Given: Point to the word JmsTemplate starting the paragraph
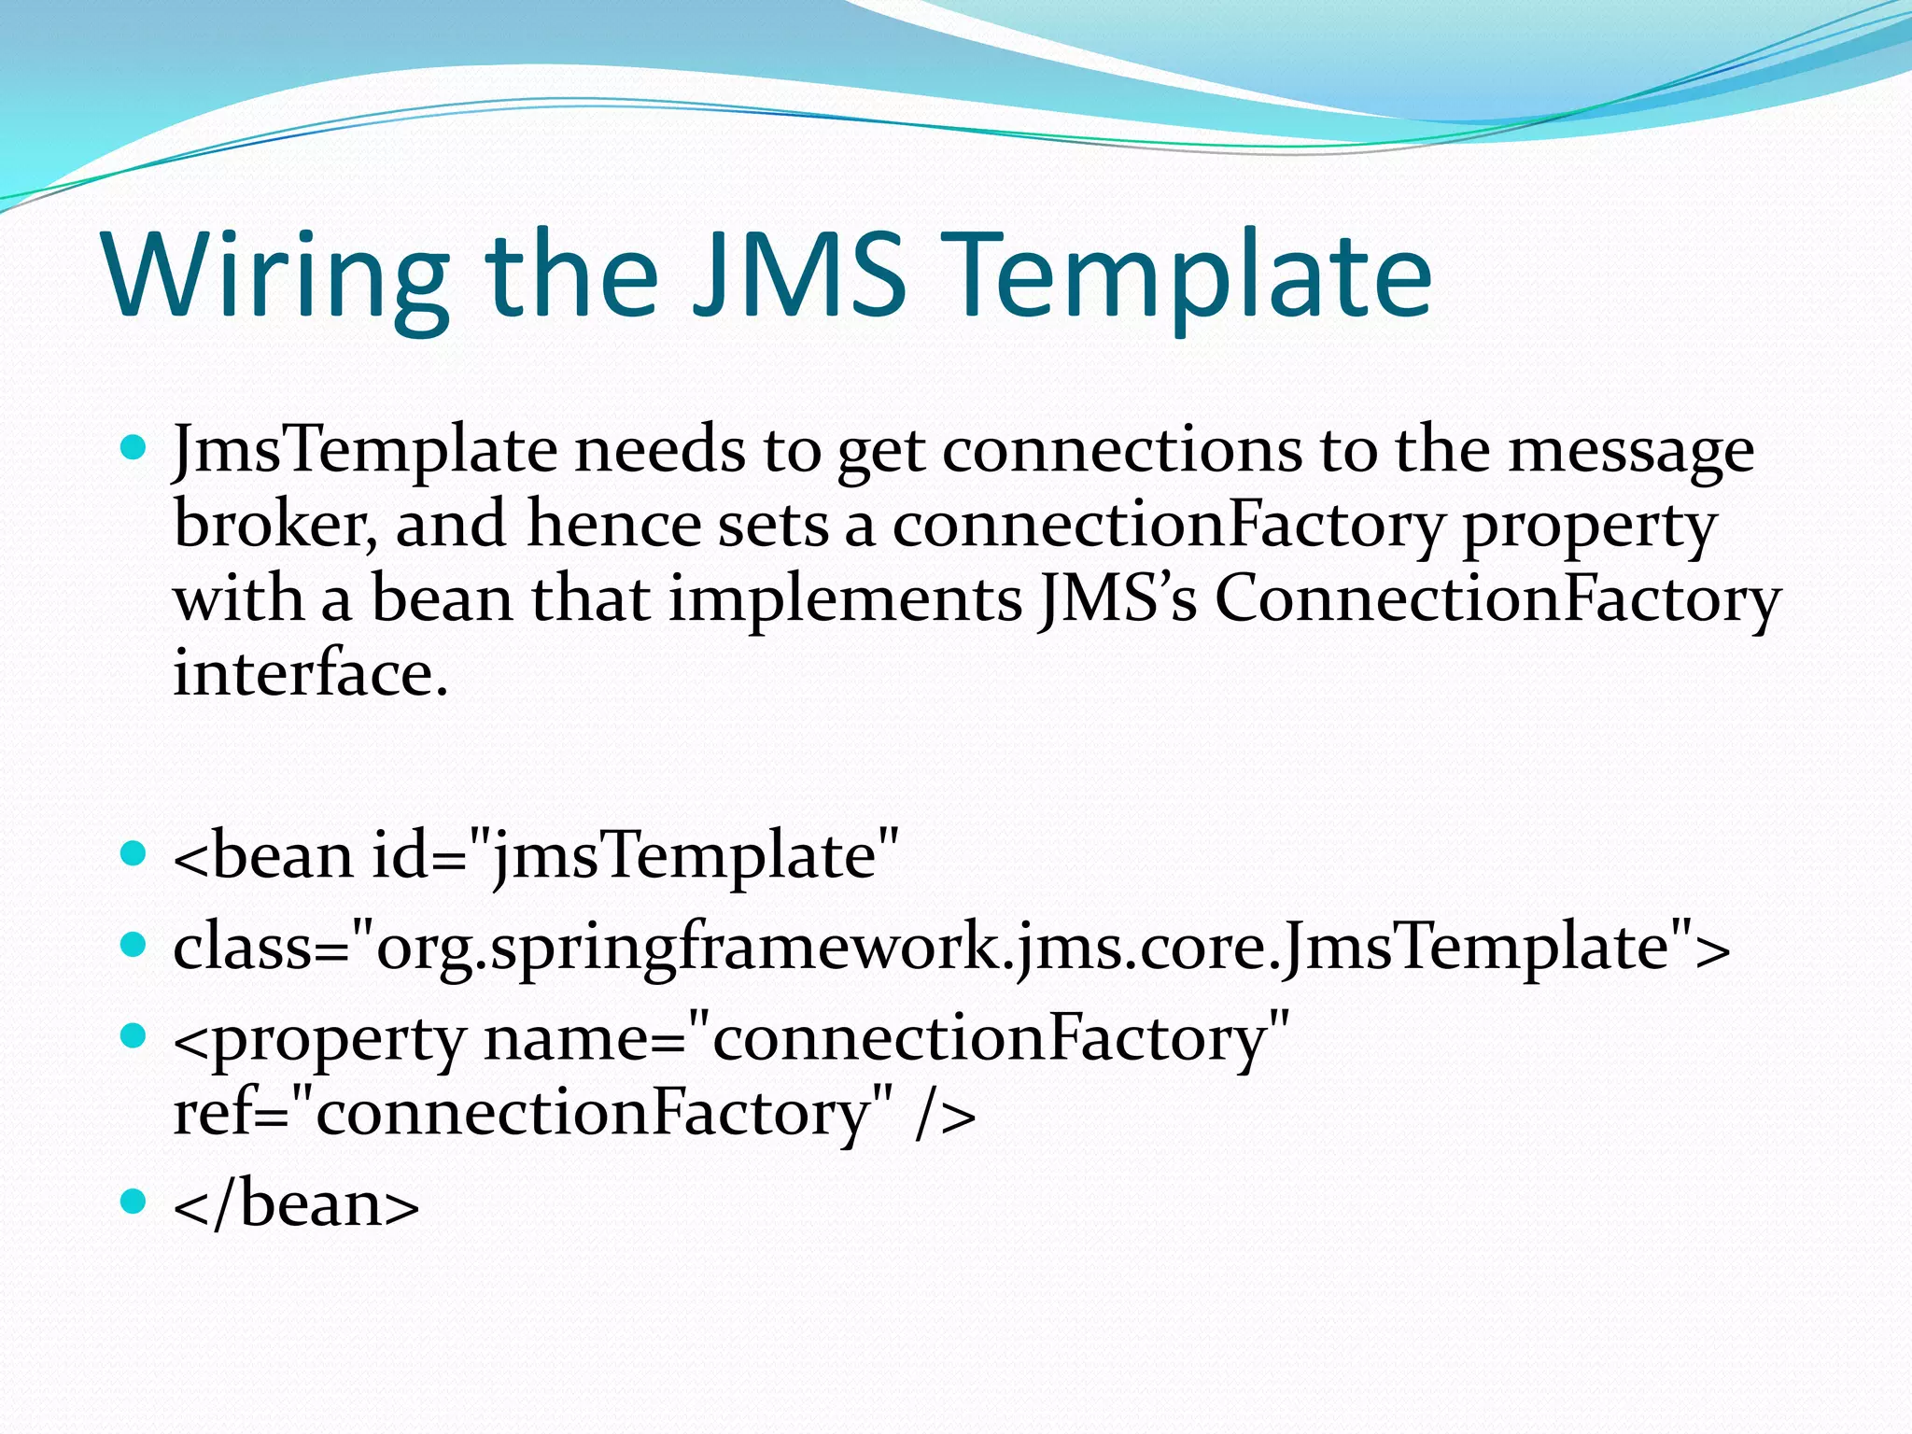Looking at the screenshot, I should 365,451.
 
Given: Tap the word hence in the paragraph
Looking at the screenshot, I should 613,525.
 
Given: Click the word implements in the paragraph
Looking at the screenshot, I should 845,600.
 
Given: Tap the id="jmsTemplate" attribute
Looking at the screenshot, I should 635,856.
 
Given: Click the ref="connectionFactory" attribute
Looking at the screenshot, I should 532,1114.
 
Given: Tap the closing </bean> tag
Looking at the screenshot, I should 296,1205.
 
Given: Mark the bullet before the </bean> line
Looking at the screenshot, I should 134,1201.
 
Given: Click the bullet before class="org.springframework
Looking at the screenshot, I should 134,945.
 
